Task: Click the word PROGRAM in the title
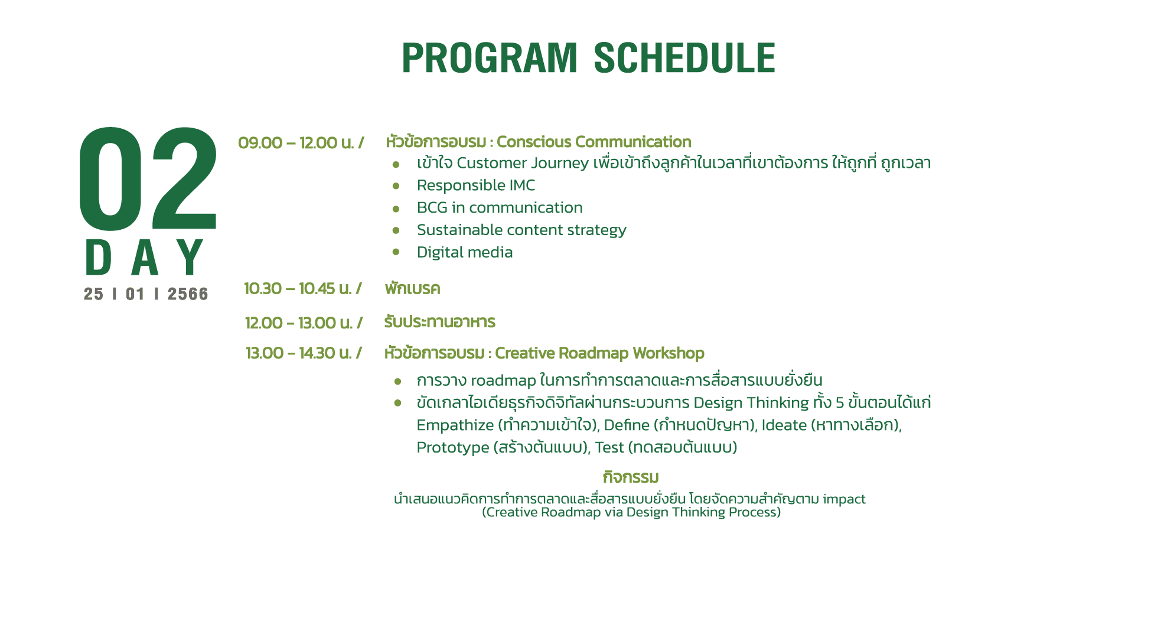coord(490,58)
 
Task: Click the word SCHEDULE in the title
coord(684,58)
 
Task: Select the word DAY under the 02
coord(145,258)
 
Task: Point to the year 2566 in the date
coord(188,294)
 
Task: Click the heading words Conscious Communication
coord(594,142)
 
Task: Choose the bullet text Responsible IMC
coord(476,186)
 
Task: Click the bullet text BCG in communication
coord(500,208)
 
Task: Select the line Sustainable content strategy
coord(521,230)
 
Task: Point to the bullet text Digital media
coord(465,253)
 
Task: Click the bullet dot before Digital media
coord(396,252)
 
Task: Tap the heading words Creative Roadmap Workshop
coord(599,353)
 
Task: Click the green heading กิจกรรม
coord(631,477)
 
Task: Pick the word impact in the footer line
coord(844,500)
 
